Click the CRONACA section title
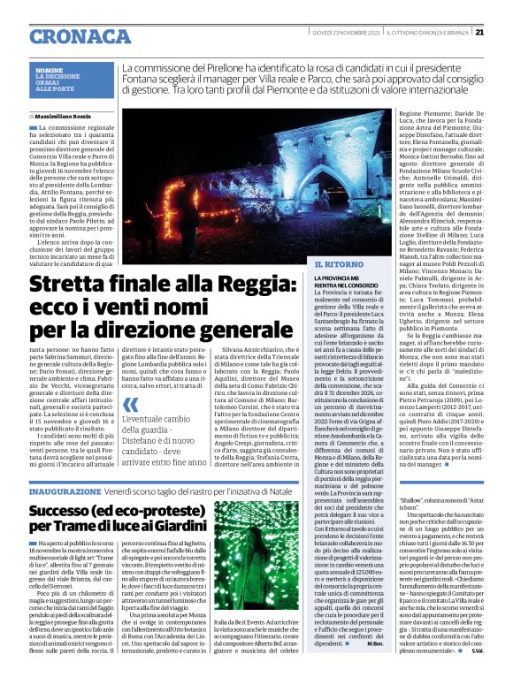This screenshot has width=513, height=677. click(80, 34)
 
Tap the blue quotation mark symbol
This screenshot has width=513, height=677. click(131, 404)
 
